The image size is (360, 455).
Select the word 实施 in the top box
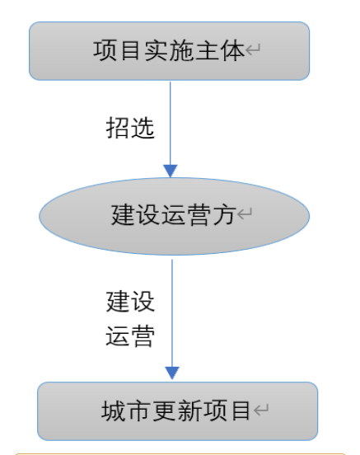[x=169, y=51]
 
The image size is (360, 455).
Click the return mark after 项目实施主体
[x=255, y=53]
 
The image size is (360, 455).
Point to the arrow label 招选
[x=130, y=129]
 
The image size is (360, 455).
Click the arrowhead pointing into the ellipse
[x=171, y=171]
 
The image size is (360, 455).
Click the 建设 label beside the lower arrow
[x=130, y=301]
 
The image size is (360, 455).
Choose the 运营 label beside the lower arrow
[x=130, y=337]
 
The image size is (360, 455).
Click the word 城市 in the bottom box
[x=122, y=410]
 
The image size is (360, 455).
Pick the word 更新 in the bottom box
[x=174, y=410]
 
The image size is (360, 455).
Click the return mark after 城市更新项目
[x=261, y=411]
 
